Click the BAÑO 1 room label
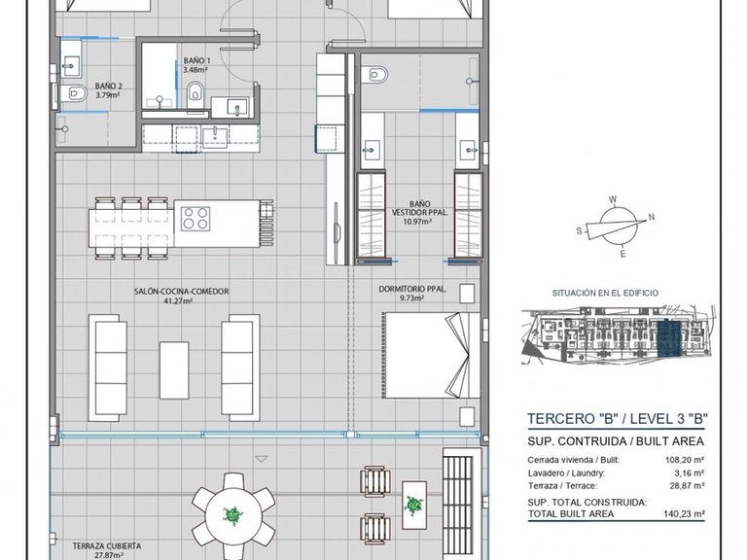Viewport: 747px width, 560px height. point(196,60)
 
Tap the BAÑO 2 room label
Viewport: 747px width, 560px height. point(109,87)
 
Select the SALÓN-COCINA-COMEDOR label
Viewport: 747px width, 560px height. point(182,292)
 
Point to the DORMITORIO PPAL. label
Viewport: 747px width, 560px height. point(412,289)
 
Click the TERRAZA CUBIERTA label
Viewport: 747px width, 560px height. point(107,546)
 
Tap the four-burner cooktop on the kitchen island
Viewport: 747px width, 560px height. point(196,219)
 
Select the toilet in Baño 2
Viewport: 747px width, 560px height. point(75,92)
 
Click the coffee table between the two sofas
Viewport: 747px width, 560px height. point(174,370)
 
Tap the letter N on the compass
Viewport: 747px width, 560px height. point(652,217)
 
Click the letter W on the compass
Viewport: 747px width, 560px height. point(614,199)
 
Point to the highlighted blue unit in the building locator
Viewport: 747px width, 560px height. point(669,338)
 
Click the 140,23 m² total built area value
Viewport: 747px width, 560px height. point(684,513)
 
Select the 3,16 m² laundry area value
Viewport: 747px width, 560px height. point(691,473)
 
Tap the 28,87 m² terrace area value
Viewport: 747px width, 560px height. point(688,486)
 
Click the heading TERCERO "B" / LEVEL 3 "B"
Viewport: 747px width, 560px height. point(618,419)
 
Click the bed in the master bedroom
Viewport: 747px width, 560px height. point(432,355)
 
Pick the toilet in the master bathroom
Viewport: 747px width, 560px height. point(374,74)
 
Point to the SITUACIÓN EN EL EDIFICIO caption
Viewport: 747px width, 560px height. point(605,293)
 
